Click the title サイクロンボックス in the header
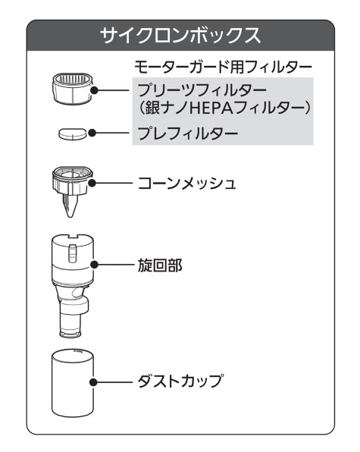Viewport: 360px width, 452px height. (x=180, y=36)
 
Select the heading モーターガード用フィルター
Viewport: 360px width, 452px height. (x=223, y=67)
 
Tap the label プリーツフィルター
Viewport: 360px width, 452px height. (x=202, y=90)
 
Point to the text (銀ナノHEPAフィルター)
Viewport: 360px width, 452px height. (x=224, y=108)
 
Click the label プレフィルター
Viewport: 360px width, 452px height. (x=188, y=133)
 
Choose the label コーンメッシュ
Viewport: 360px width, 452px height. (x=187, y=184)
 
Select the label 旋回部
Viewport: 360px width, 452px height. (x=160, y=265)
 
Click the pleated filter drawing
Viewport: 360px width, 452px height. (x=73, y=88)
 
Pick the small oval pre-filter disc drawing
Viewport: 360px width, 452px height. (x=73, y=133)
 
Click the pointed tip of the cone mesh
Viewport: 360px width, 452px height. (x=70, y=217)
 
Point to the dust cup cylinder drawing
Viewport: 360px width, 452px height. (x=73, y=384)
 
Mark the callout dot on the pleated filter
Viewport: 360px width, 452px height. (x=94, y=90)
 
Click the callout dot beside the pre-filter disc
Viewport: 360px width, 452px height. (x=92, y=133)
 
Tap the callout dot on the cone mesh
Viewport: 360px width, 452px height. (x=92, y=183)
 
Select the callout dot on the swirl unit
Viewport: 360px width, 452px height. (x=94, y=265)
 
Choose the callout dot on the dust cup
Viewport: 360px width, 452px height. (x=93, y=382)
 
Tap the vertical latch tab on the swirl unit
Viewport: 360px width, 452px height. (x=73, y=253)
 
